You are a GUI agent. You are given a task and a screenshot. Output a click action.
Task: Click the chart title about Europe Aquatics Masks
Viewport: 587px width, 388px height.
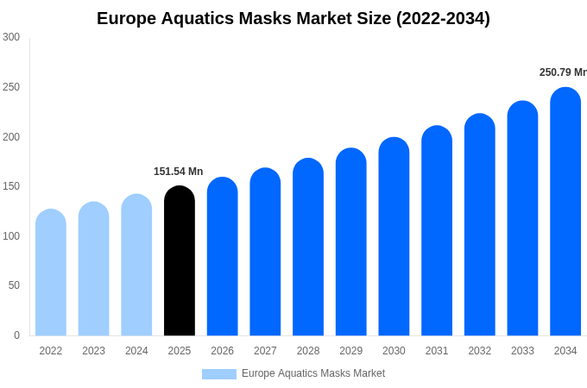[x=293, y=18]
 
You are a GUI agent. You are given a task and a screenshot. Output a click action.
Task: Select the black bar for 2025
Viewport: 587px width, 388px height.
[x=180, y=263]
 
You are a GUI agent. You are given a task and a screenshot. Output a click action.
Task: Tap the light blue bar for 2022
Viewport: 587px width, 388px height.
[x=51, y=274]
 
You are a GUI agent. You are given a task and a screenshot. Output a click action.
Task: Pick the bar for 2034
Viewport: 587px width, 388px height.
[x=565, y=214]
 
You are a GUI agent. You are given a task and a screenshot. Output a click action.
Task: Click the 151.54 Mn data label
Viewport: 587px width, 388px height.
[x=178, y=172]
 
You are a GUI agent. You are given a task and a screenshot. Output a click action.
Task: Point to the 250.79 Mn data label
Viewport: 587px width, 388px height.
[x=563, y=72]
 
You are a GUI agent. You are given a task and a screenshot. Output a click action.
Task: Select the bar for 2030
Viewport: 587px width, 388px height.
[x=394, y=239]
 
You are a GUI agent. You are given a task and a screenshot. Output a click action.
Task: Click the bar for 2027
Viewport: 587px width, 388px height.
[x=265, y=254]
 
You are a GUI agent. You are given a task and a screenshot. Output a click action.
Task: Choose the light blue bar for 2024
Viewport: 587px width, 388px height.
[x=136, y=267]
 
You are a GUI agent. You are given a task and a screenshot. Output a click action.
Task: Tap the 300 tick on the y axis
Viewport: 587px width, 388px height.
[x=11, y=37]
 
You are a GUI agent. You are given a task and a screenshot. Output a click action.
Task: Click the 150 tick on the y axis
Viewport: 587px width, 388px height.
[x=11, y=186]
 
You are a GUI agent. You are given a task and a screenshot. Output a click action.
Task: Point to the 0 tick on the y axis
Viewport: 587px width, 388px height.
[x=16, y=335]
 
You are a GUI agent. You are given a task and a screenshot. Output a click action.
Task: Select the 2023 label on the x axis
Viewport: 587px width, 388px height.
[x=93, y=351]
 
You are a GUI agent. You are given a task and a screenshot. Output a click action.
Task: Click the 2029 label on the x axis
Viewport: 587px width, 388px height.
[x=350, y=351]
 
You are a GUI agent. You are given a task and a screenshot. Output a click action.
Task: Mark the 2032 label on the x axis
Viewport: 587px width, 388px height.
[x=479, y=351]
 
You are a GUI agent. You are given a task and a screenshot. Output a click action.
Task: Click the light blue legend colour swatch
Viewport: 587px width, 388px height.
[x=218, y=374]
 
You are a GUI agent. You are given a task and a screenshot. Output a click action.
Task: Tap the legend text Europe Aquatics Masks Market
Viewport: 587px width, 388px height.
[x=313, y=373]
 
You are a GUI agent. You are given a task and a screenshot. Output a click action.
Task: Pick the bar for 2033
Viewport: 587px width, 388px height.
[x=522, y=221]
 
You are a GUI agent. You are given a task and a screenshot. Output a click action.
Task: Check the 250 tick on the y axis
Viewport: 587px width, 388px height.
[x=11, y=87]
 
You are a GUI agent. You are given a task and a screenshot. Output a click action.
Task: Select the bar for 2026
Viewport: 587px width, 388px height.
[x=222, y=259]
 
